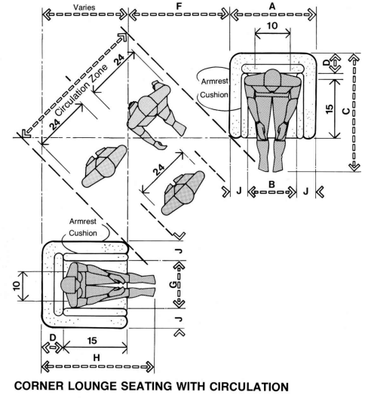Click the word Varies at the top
84,7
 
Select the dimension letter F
179,6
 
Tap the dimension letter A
272,6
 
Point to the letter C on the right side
346,111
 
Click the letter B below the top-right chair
271,185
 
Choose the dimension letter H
97,357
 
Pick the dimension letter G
173,285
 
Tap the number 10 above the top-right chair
272,26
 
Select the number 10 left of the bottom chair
17,286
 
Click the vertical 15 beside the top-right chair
329,109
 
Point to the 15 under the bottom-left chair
92,341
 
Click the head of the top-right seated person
272,78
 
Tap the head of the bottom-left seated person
69,286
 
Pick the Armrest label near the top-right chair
215,81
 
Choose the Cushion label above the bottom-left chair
83,233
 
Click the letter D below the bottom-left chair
53,338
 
